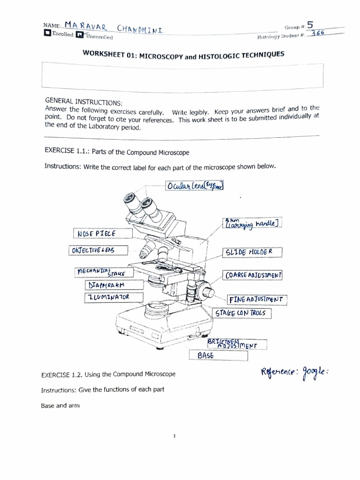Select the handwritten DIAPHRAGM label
107,285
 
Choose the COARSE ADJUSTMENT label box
253,275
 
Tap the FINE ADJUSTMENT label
257,299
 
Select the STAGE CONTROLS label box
242,313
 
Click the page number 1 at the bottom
174,436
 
